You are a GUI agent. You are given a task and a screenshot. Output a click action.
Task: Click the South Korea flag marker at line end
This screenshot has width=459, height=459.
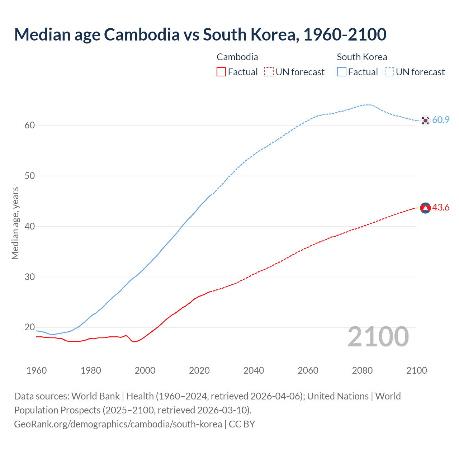[x=425, y=120]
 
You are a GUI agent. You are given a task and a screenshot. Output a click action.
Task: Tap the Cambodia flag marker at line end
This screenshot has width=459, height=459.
[x=425, y=208]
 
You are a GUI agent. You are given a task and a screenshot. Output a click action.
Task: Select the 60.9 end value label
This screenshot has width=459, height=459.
[x=441, y=120]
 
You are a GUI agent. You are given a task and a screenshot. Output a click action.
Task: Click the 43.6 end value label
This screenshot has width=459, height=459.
[x=441, y=208]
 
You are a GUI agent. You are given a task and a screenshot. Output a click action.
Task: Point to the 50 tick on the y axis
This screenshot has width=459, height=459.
[x=30, y=176]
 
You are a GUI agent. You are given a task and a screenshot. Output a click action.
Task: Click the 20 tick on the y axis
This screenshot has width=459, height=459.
[x=30, y=327]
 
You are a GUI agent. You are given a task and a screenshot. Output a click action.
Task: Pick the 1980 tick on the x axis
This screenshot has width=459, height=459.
[x=91, y=370]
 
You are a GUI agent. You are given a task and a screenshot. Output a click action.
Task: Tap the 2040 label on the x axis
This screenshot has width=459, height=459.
[x=254, y=370]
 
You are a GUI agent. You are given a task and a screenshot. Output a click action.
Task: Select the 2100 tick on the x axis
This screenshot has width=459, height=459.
[x=417, y=370]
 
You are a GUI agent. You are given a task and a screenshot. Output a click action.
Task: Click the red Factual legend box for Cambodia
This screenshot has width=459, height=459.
[x=221, y=72]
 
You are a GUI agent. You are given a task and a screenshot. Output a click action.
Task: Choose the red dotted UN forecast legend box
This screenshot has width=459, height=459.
[x=269, y=72]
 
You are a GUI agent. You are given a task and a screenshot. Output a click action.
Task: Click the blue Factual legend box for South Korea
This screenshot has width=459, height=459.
[x=341, y=72]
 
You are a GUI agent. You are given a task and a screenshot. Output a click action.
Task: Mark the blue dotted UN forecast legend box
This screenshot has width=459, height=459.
[x=389, y=72]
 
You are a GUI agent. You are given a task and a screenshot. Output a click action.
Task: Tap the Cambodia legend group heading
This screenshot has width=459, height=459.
[x=237, y=57]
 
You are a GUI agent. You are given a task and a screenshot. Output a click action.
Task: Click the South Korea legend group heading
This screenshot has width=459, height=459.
[x=362, y=57]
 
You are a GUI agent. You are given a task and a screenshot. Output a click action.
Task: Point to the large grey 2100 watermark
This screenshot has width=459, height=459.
[x=378, y=336]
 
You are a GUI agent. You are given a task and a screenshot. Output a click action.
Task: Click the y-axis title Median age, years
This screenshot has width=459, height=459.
[x=15, y=223]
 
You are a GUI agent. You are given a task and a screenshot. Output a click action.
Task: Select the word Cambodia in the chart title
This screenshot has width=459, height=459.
[x=142, y=34]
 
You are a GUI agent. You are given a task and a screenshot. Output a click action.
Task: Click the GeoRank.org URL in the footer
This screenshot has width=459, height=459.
[x=118, y=424]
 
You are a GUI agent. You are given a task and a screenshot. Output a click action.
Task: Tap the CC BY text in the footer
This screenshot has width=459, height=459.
[x=242, y=424]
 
